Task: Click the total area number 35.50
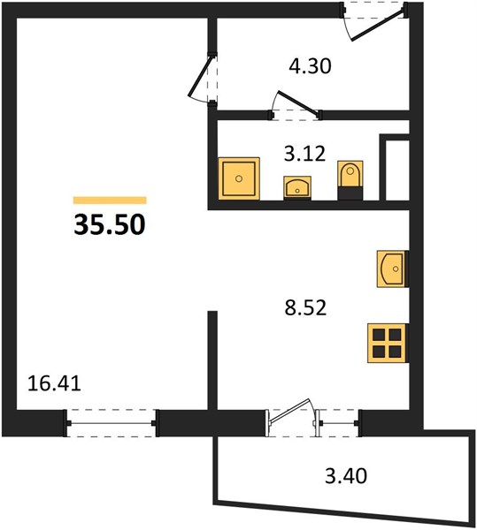[110, 224]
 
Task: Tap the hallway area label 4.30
[310, 66]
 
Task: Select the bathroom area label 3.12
[304, 154]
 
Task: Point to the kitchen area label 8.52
[305, 308]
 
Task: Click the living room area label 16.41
[54, 384]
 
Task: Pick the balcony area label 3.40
[346, 476]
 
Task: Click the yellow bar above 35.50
[110, 201]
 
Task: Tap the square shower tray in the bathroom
[239, 178]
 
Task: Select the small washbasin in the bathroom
[297, 187]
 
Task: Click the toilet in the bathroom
[350, 180]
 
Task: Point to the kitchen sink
[392, 269]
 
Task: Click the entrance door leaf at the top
[379, 25]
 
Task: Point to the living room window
[111, 423]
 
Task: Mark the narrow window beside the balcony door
[337, 423]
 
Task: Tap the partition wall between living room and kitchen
[212, 360]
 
